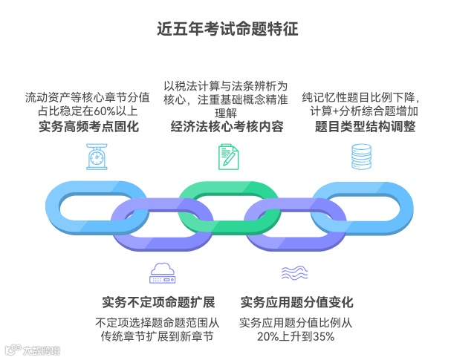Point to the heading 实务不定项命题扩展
[x=158, y=302]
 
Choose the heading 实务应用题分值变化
[x=296, y=302]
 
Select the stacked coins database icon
[x=360, y=157]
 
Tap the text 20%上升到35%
[x=296, y=336]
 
